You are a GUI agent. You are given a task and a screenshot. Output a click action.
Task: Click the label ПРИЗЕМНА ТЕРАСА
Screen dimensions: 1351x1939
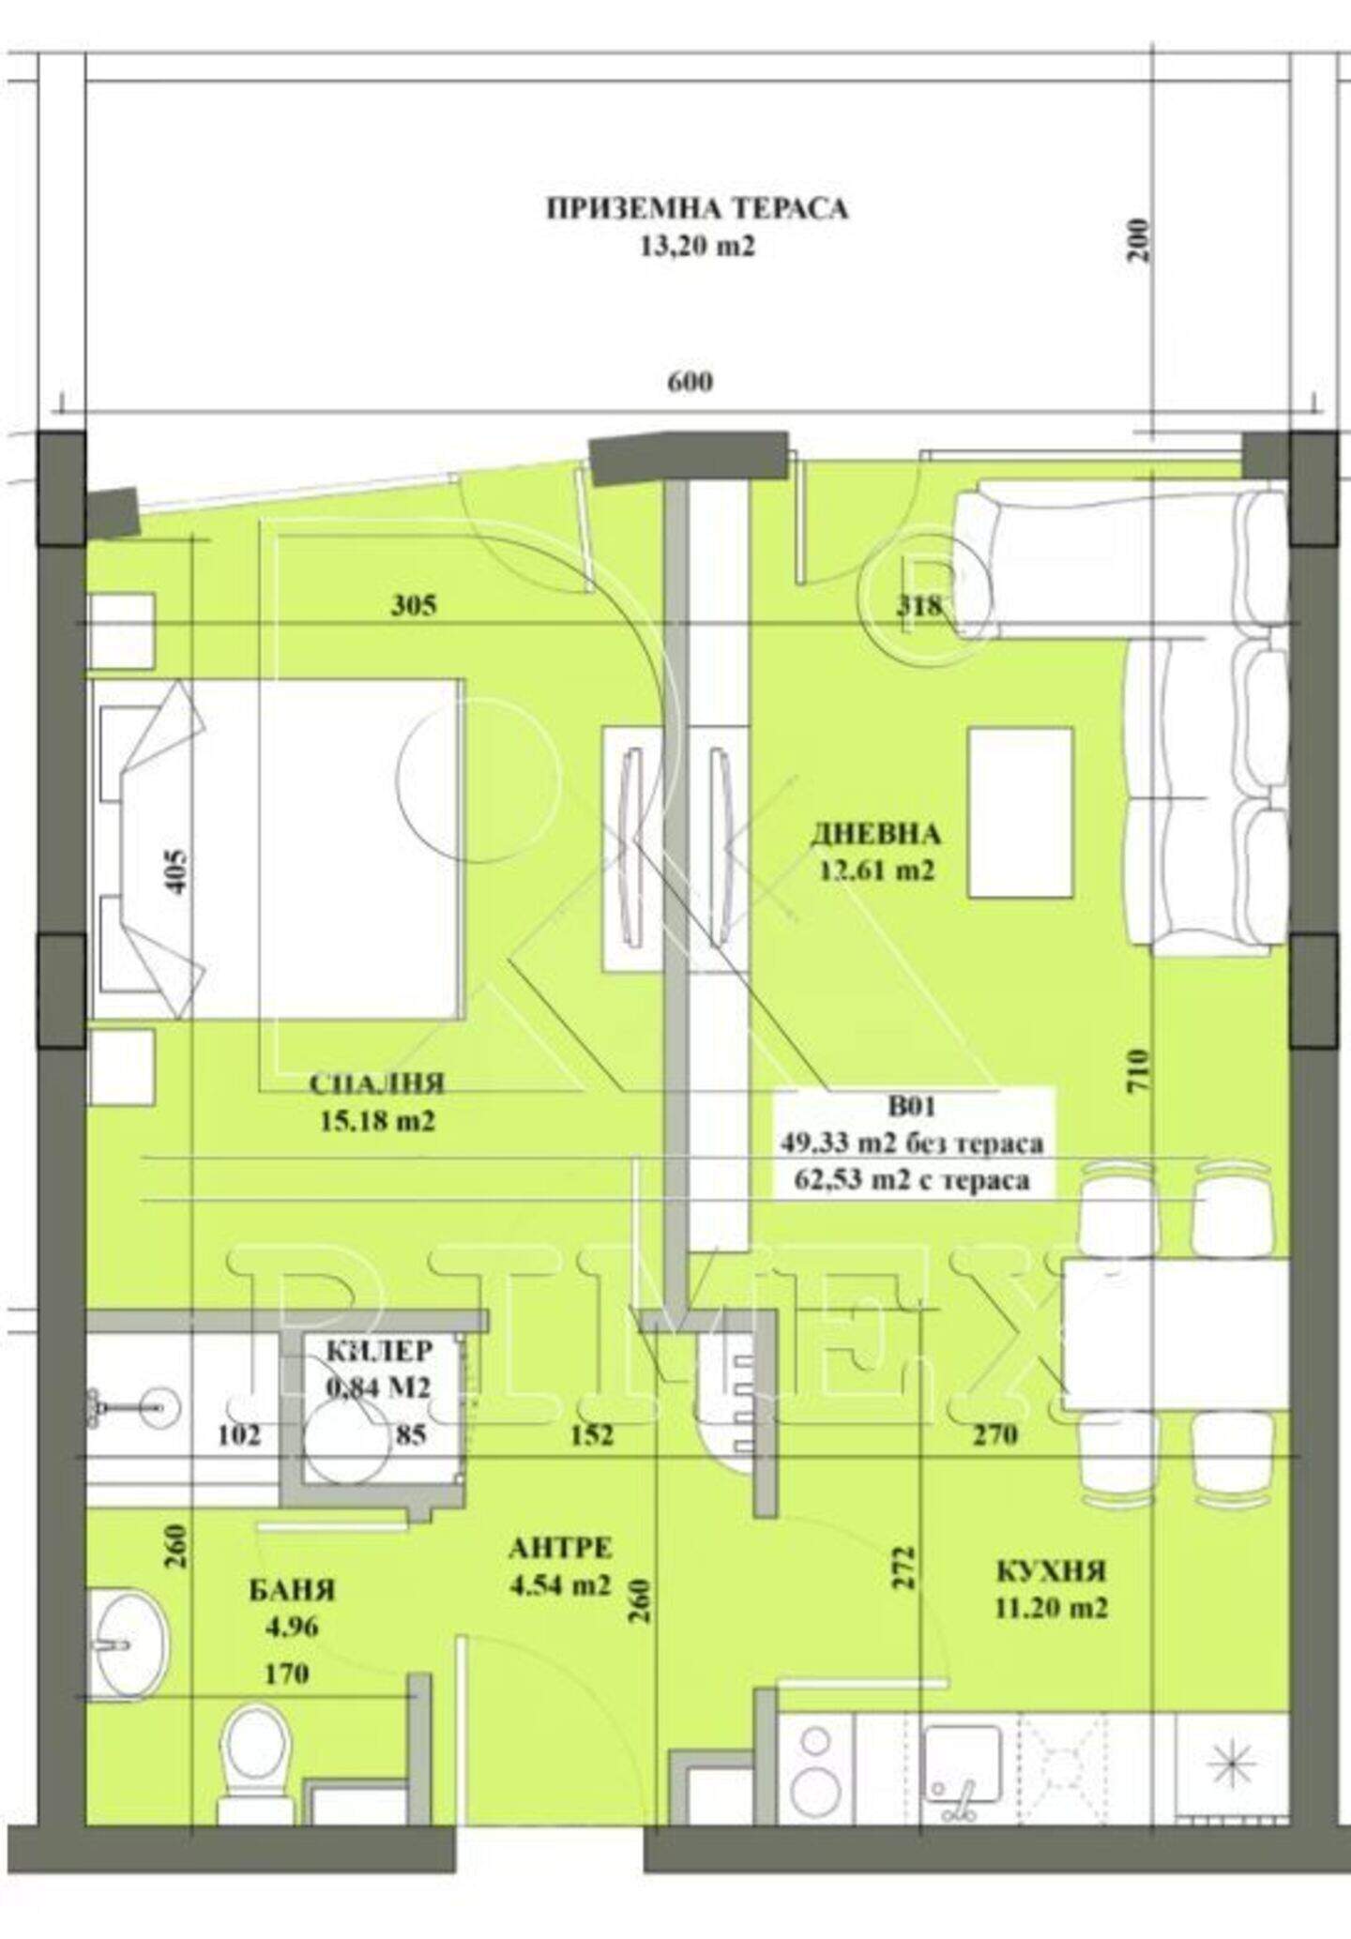[697, 208]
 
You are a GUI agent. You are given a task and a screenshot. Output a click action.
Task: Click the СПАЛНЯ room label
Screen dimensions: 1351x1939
[376, 1084]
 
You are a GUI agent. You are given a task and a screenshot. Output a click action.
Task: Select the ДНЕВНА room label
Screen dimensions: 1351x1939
[875, 833]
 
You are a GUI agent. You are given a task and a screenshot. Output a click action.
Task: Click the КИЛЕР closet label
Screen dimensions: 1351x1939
[380, 1351]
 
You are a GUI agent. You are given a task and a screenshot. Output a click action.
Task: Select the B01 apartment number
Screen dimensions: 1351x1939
[911, 1107]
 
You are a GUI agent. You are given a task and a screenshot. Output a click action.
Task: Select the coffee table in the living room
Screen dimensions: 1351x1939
[1021, 812]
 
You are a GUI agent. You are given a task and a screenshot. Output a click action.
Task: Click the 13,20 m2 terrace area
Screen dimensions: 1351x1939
[697, 247]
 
